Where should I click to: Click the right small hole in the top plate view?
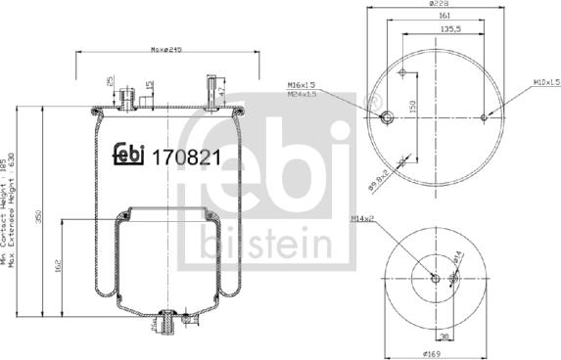[x=484, y=118]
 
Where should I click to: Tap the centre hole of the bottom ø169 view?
[x=435, y=279]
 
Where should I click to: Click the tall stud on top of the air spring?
[x=210, y=89]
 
